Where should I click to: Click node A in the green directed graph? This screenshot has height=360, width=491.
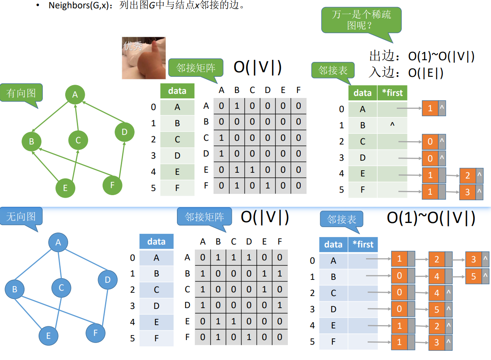(x=75, y=95)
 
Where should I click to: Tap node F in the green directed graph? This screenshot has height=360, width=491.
(x=112, y=185)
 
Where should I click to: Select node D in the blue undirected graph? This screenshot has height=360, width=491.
(x=108, y=280)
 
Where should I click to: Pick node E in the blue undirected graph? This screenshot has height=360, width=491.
(x=49, y=336)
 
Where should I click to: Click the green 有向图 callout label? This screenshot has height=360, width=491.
(x=21, y=93)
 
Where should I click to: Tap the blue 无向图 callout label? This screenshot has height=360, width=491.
(x=21, y=216)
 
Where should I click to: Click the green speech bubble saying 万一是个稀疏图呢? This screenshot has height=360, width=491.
(x=361, y=20)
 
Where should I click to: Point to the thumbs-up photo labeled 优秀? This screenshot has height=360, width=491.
(x=144, y=58)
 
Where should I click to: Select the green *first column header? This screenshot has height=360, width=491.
(x=392, y=93)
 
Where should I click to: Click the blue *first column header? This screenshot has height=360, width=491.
(x=363, y=245)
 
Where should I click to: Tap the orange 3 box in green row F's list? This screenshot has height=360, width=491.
(x=467, y=192)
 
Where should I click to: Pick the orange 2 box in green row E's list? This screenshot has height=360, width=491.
(x=467, y=176)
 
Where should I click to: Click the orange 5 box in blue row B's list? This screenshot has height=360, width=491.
(x=474, y=277)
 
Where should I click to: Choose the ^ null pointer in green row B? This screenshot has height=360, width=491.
(x=392, y=125)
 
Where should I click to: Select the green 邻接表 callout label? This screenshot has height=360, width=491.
(x=333, y=71)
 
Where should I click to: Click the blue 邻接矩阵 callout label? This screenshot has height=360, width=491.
(x=204, y=217)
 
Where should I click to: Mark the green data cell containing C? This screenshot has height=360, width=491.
(x=177, y=140)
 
